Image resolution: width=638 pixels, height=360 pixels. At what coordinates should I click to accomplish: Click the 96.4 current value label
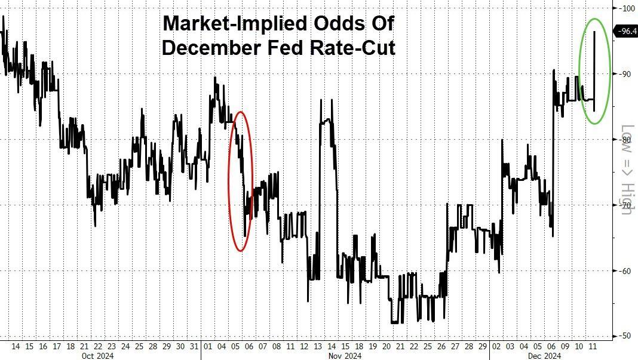[627, 32]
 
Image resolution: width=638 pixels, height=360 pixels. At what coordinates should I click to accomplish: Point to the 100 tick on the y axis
[627, 8]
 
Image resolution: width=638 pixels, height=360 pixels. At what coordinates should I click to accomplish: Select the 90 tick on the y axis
[625, 74]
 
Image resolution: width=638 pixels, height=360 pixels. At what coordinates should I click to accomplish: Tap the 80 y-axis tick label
[625, 140]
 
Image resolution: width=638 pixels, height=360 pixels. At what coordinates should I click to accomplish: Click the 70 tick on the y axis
[625, 205]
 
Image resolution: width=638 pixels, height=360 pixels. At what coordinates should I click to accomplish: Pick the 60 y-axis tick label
[625, 271]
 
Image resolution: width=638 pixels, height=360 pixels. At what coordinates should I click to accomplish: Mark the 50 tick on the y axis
[625, 336]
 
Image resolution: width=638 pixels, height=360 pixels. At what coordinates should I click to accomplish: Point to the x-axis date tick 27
[455, 346]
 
